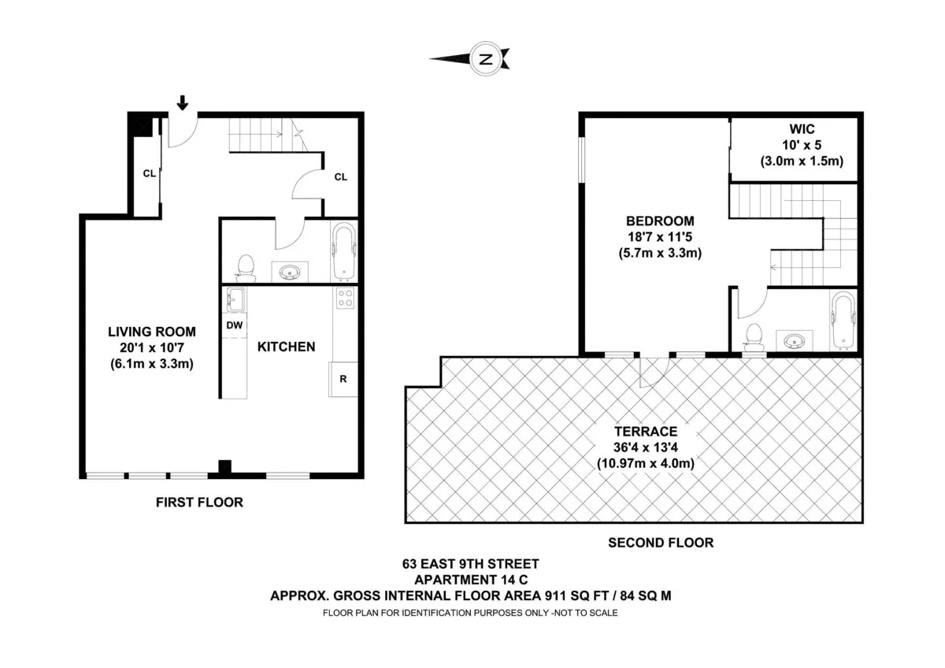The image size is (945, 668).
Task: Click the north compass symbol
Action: pyautogui.click(x=486, y=58)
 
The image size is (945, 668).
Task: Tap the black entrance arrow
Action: pyautogui.click(x=183, y=102)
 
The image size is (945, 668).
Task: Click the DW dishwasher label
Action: pyautogui.click(x=234, y=325)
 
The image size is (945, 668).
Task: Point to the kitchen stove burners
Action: pyautogui.click(x=345, y=297)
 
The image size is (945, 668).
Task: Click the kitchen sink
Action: pyautogui.click(x=235, y=299)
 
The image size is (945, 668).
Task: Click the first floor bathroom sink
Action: pyautogui.click(x=291, y=273)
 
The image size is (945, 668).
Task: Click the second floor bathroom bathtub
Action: pyautogui.click(x=842, y=320)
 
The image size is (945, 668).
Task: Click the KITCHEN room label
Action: pyautogui.click(x=287, y=347)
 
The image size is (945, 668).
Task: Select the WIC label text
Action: pyautogui.click(x=801, y=129)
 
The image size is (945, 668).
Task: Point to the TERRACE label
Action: pyautogui.click(x=646, y=432)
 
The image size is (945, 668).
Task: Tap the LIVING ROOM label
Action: pyautogui.click(x=152, y=332)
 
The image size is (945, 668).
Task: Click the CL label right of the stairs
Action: pyautogui.click(x=340, y=177)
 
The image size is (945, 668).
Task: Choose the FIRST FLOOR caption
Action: pyautogui.click(x=199, y=502)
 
